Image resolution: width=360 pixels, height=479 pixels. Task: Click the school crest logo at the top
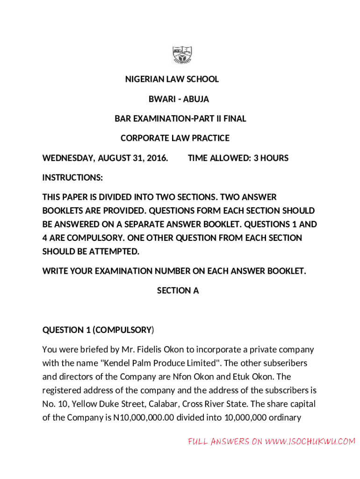pos(182,55)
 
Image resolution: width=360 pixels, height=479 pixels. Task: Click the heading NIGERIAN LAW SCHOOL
pos(172,79)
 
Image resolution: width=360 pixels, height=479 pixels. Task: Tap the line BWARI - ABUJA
pos(179,99)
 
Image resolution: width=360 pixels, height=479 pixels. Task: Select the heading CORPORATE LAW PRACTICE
pos(175,138)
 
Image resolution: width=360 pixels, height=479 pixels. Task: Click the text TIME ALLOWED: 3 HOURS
pos(238,158)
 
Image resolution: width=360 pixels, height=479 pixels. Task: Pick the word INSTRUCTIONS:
pos(72,178)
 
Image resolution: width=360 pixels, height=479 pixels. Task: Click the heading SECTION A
pos(178,290)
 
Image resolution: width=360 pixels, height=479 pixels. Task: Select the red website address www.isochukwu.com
pos(310,441)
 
